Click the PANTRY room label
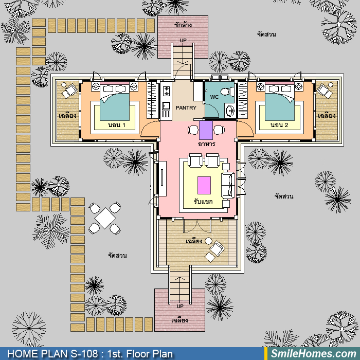[186, 107]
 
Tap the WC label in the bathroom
[214, 97]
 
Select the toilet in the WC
[227, 92]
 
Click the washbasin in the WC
[229, 112]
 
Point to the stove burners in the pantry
[166, 91]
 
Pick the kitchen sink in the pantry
[166, 106]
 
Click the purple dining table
[206, 130]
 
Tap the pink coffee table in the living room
[204, 185]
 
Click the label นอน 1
[117, 125]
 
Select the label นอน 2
[279, 125]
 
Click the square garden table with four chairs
[105, 218]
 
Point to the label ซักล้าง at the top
[183, 25]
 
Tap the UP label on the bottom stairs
[180, 307]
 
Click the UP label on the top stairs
[183, 41]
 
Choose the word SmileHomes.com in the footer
[314, 354]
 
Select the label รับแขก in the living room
[203, 202]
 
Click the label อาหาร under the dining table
[206, 144]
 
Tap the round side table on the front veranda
[208, 241]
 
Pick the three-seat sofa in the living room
[228, 186]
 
